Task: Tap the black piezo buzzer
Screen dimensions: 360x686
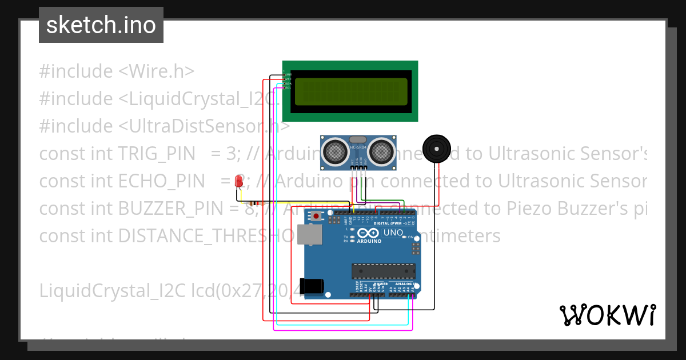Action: tap(437, 149)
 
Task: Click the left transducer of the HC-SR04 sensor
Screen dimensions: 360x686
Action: tap(334, 151)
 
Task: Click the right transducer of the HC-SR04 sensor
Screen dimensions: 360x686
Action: tap(380, 151)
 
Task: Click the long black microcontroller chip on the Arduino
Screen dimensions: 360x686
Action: tap(384, 271)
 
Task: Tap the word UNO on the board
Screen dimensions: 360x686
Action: tap(393, 233)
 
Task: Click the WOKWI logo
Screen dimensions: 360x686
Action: tap(607, 315)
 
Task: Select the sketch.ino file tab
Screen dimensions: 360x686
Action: tap(101, 25)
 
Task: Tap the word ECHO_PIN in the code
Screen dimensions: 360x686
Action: tap(162, 181)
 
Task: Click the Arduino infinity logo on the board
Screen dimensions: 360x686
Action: tap(369, 233)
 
